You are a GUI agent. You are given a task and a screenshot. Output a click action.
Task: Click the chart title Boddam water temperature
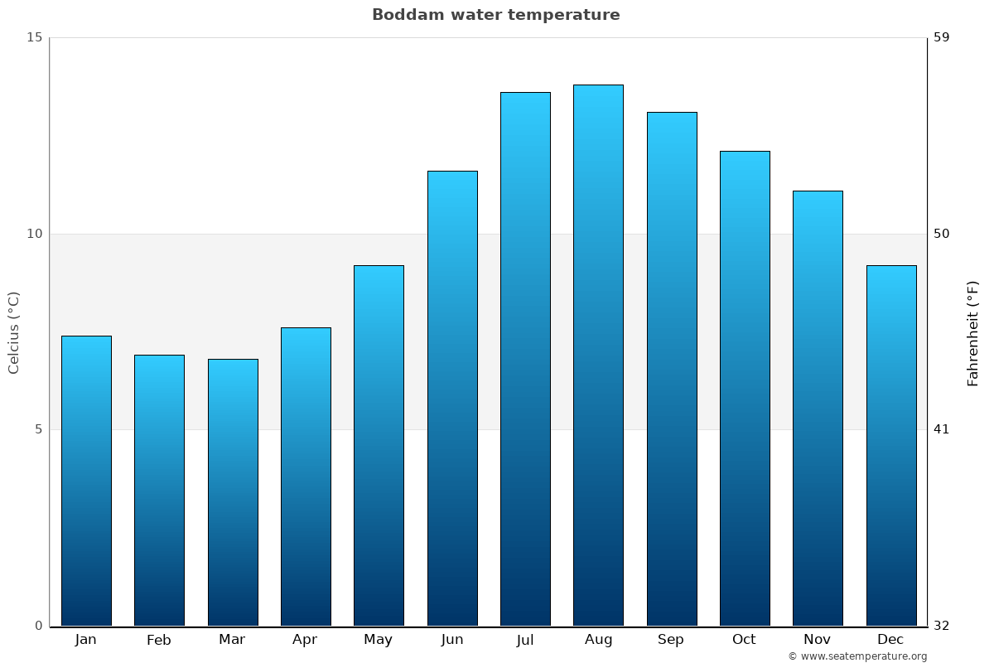point(495,15)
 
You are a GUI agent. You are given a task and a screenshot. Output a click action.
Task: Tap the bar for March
point(233,492)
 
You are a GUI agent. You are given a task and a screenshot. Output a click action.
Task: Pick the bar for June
point(452,398)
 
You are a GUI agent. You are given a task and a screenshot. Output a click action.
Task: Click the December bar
point(891,445)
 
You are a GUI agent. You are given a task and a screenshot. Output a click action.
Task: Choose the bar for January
point(86,481)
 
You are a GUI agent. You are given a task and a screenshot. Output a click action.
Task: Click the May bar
point(379,445)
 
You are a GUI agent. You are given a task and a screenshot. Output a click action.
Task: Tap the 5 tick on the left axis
point(37,429)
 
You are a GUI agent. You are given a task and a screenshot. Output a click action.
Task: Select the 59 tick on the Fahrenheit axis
point(942,37)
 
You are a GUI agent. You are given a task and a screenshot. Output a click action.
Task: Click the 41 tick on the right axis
point(942,429)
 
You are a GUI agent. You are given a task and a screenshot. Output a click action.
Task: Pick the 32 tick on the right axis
point(942,626)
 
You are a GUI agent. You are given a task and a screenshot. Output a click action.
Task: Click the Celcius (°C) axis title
point(14,332)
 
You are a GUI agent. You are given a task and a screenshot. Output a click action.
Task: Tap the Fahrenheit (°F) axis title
point(973,332)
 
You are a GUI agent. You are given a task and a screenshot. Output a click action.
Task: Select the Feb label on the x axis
point(159,640)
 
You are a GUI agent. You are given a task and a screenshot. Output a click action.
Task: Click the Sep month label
point(671,640)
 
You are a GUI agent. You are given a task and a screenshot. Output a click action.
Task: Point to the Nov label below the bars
point(818,640)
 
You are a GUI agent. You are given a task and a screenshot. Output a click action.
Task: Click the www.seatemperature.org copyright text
point(857,656)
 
